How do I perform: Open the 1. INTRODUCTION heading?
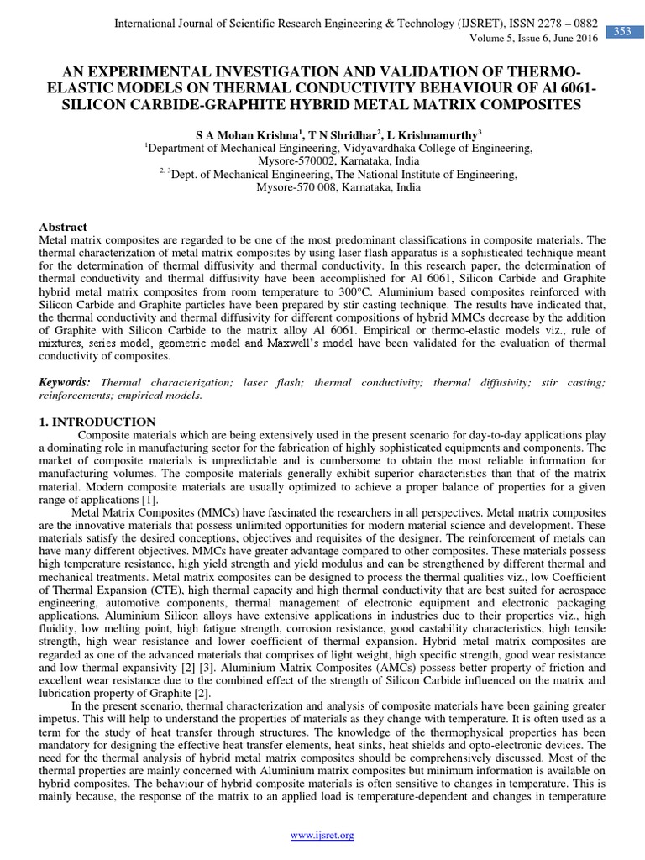tap(97, 422)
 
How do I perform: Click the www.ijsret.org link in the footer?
tap(322, 835)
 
